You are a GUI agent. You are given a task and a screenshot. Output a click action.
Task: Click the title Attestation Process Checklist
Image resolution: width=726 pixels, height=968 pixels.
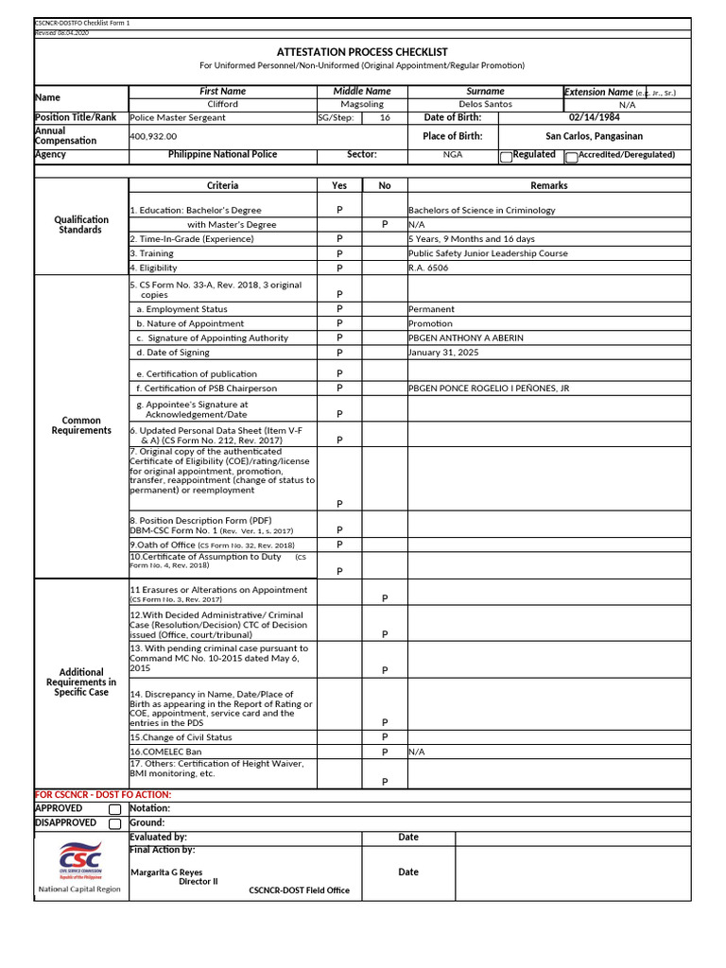362,52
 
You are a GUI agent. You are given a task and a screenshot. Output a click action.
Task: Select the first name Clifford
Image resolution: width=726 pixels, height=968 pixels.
223,104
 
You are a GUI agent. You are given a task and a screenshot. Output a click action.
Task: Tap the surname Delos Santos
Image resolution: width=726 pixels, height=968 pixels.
485,104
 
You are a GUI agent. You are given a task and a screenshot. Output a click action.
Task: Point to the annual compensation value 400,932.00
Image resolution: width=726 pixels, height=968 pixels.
153,136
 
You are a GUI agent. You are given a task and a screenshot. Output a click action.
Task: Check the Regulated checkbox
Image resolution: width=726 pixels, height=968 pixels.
506,157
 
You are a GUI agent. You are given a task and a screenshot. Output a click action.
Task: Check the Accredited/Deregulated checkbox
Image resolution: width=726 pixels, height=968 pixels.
571,157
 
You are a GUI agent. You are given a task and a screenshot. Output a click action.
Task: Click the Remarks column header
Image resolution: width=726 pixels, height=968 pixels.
548,185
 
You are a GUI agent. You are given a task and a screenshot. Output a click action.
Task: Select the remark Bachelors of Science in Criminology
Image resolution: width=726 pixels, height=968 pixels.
481,210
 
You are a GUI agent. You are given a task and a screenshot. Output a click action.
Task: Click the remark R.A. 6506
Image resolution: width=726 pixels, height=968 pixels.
428,268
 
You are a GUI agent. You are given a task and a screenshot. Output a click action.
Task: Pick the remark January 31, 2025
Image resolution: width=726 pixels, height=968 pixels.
443,352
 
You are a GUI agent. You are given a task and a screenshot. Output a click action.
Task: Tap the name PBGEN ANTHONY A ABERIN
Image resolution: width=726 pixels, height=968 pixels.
465,337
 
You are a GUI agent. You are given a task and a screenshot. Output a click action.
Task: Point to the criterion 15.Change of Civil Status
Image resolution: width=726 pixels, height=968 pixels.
181,737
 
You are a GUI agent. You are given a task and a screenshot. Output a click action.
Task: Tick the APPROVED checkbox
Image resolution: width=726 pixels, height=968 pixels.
114,809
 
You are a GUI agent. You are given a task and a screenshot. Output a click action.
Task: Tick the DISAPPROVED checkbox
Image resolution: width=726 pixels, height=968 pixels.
114,823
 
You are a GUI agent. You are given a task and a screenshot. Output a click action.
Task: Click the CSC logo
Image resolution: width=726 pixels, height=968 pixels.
79,860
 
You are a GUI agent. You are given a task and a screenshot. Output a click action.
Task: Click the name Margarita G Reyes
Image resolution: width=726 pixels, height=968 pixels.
166,873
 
